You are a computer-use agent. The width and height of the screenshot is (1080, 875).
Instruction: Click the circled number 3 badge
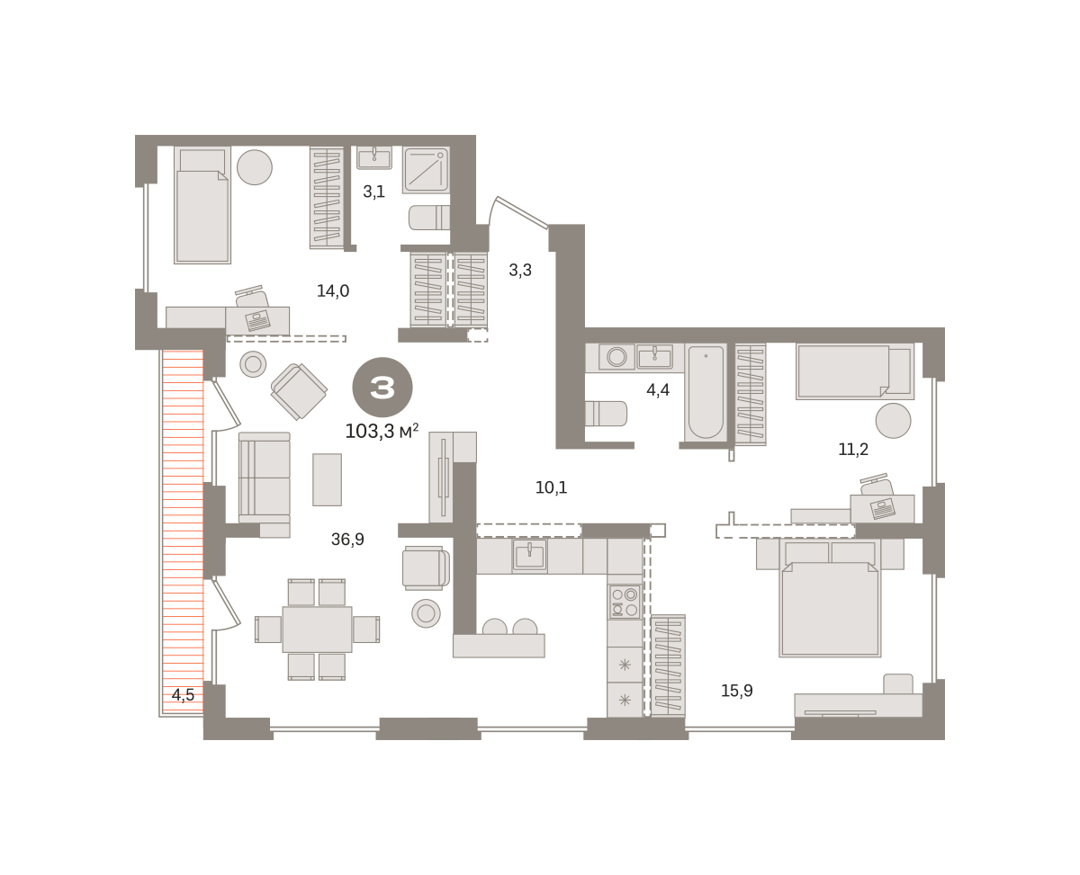click(x=382, y=387)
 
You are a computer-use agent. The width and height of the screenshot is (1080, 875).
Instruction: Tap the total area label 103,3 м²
click(x=382, y=431)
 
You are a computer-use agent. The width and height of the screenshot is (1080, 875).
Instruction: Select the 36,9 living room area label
click(x=347, y=539)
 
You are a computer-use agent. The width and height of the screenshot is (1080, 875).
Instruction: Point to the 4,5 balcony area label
click(x=183, y=694)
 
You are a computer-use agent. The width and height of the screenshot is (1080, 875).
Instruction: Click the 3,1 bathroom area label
click(x=373, y=192)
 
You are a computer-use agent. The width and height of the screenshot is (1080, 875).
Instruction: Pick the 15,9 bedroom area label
click(x=737, y=690)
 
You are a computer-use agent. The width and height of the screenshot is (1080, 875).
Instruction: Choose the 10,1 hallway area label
click(x=551, y=487)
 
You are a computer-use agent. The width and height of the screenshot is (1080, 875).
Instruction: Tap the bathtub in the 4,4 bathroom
click(x=706, y=392)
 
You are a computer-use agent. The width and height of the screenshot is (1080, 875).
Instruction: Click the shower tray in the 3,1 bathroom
click(x=426, y=170)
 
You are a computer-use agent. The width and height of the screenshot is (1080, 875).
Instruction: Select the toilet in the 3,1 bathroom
click(x=429, y=218)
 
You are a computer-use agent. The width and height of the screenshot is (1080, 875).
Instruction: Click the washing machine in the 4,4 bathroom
click(x=616, y=356)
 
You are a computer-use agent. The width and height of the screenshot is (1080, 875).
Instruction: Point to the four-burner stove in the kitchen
click(x=625, y=602)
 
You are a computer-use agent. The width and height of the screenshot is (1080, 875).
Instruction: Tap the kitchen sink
click(x=529, y=556)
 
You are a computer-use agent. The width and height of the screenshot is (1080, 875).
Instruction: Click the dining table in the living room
click(x=317, y=629)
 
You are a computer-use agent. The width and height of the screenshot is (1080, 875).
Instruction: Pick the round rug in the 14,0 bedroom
click(x=255, y=167)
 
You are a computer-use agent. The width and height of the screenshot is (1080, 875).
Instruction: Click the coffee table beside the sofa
click(x=327, y=479)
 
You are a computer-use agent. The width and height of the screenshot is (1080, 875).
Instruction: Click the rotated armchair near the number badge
click(x=299, y=391)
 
